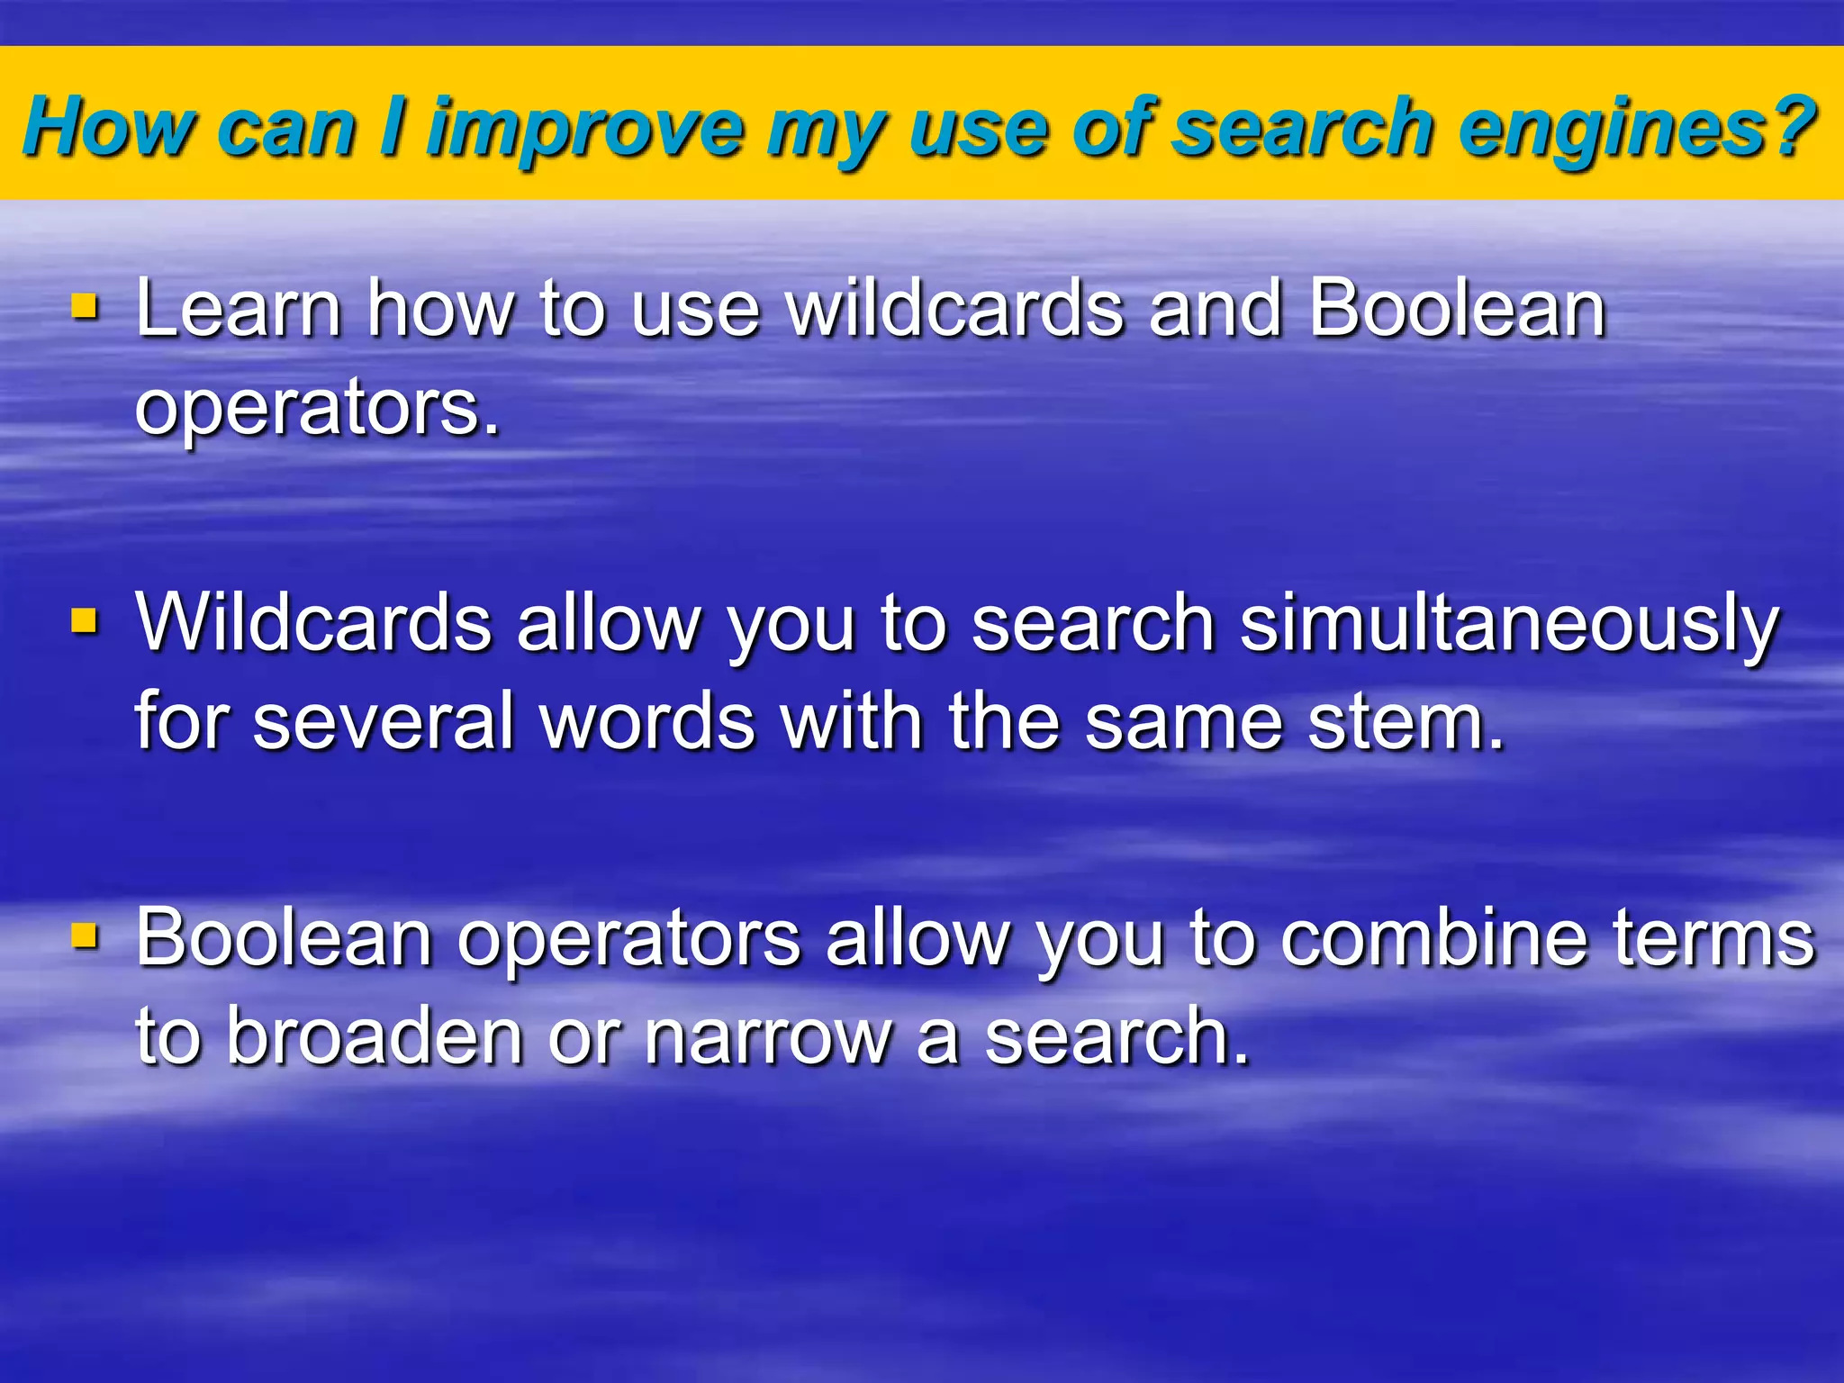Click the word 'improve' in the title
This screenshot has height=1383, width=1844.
pos(585,129)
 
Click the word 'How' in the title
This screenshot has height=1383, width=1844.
pos(108,127)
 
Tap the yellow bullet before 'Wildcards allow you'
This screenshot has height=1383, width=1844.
pos(86,620)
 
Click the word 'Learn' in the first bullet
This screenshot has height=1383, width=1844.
pos(238,308)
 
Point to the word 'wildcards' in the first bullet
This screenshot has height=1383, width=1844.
pos(955,308)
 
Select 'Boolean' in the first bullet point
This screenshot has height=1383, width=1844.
pos(1457,308)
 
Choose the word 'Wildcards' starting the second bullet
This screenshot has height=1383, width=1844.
pos(313,623)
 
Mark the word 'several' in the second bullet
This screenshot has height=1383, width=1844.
pos(383,722)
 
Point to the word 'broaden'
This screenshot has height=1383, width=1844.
pos(374,1037)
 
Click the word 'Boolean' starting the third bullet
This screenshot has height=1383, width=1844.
pos(284,938)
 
